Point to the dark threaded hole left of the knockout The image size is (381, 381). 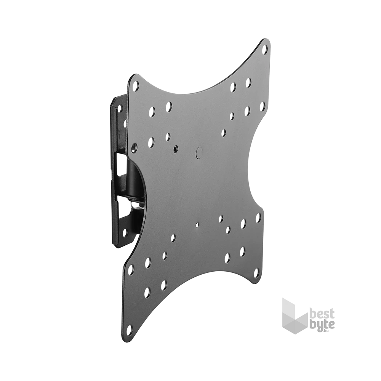(x=176, y=147)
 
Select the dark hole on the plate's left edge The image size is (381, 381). (x=134, y=146)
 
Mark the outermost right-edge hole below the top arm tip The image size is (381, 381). (x=261, y=105)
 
